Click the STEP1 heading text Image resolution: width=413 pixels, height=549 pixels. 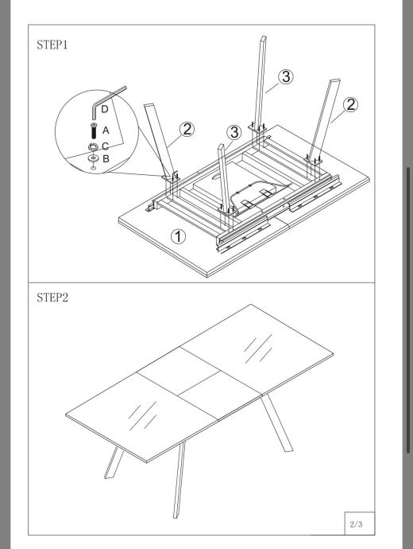coord(52,45)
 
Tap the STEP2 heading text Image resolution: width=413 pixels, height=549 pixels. coord(52,298)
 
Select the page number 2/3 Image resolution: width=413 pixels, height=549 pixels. coord(356,524)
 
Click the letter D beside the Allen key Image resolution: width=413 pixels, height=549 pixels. coord(105,109)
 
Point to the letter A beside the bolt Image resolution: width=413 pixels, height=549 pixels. coord(106,130)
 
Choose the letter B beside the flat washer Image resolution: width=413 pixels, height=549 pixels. coord(106,158)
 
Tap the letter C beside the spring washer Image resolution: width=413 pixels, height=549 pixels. coord(105,146)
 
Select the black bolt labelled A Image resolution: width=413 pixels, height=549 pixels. coord(94,130)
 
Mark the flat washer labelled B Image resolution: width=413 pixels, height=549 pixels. coord(93,158)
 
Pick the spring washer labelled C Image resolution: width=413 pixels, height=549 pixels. coord(93,146)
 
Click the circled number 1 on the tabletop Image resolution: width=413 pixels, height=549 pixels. coord(178,236)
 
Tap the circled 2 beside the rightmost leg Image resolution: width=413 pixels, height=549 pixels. coord(350,104)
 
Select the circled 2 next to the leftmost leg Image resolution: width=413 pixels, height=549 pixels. coord(187,129)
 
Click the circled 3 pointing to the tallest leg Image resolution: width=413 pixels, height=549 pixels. coord(286,76)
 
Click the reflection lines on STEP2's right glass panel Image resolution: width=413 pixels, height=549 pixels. coord(258,348)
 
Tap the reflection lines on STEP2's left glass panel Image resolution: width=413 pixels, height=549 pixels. coord(142,415)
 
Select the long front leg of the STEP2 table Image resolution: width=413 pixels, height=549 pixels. coord(179,480)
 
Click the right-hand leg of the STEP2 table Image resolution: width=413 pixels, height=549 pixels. coord(277,423)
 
